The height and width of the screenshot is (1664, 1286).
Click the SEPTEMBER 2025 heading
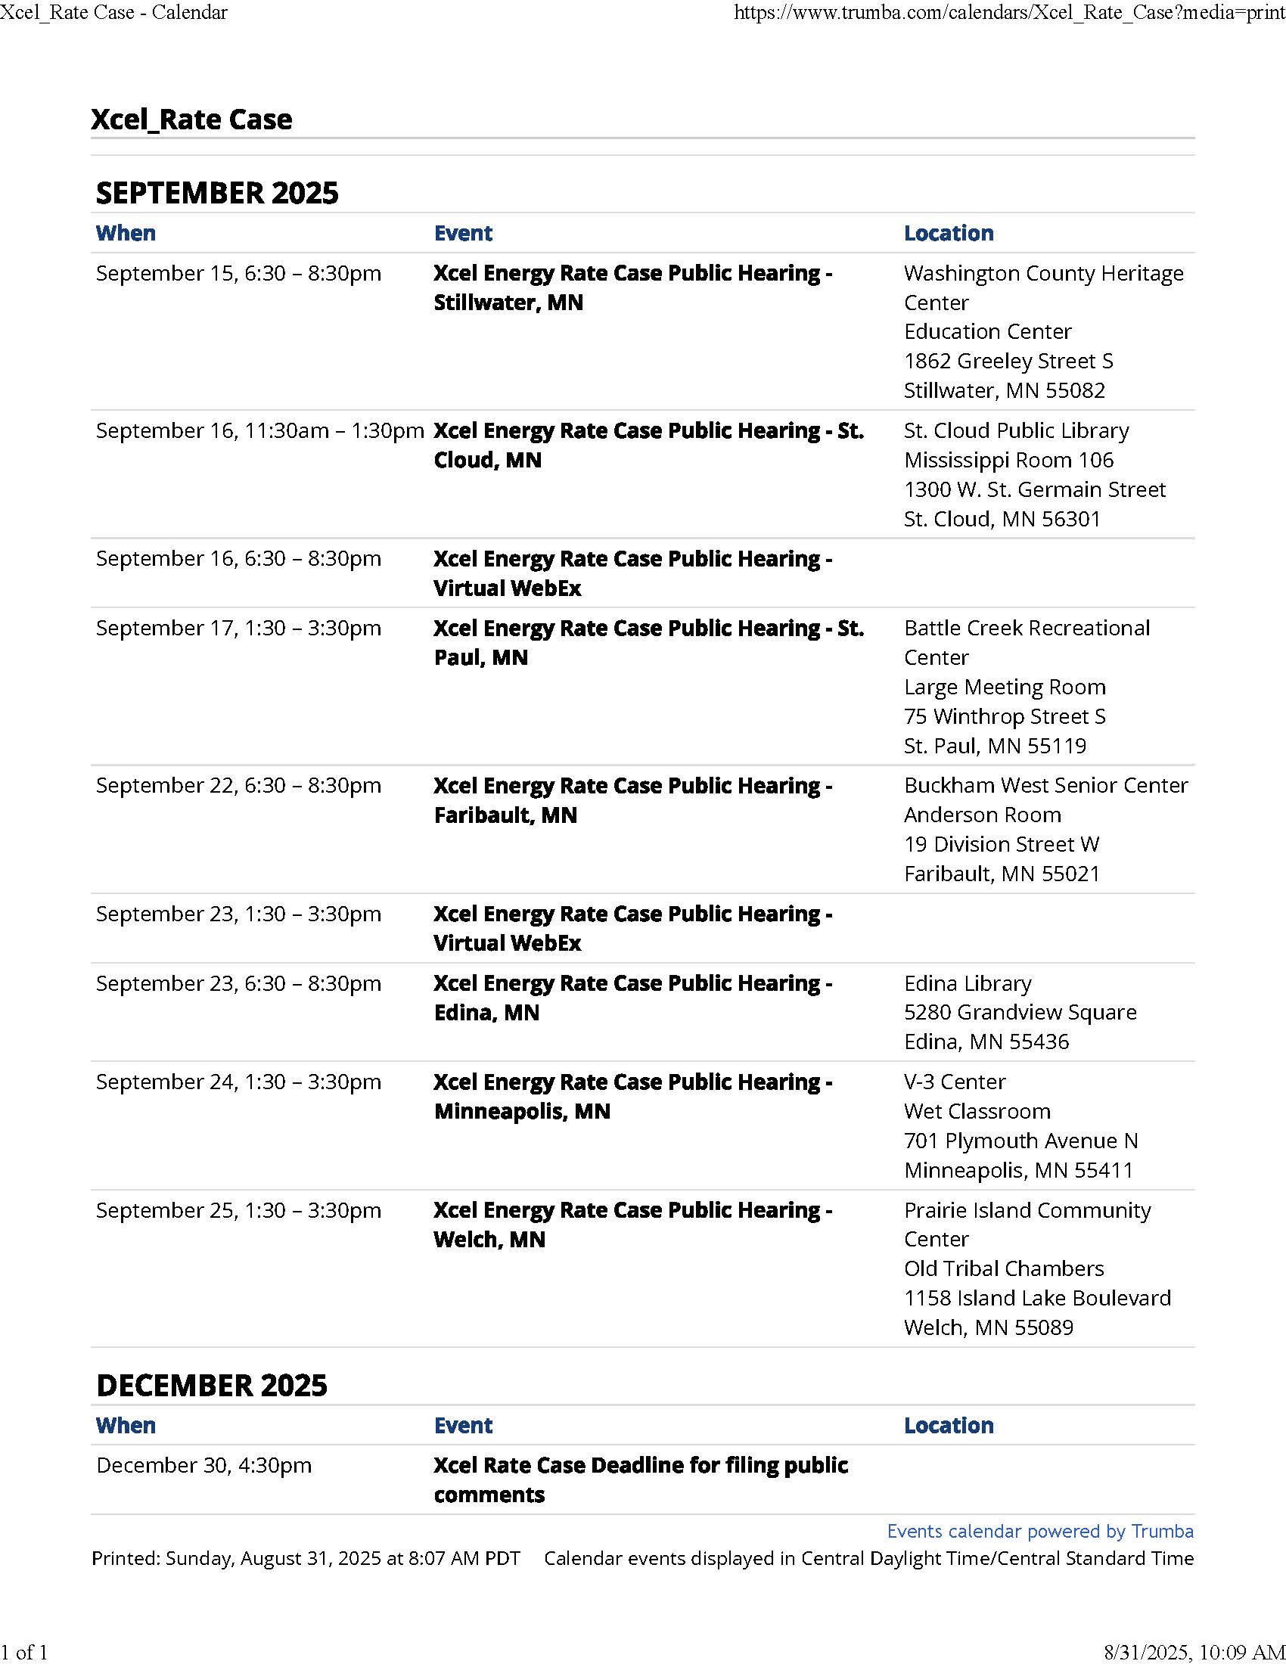click(217, 193)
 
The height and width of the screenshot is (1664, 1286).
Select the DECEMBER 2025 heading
click(212, 1385)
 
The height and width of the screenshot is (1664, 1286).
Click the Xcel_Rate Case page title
click(191, 120)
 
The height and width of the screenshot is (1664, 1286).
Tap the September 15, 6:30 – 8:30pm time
click(238, 274)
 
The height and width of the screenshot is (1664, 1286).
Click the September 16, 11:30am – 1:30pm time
click(259, 431)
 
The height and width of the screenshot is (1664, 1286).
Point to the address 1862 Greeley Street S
click(1008, 361)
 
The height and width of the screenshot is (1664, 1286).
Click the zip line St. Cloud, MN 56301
click(1002, 519)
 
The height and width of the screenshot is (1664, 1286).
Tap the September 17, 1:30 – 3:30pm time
click(238, 629)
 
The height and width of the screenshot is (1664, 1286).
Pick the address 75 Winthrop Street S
click(1004, 716)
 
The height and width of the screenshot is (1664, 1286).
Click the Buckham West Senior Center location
click(1045, 786)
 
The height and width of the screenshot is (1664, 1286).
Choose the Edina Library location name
click(968, 983)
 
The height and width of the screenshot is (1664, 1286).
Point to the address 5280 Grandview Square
click(1020, 1013)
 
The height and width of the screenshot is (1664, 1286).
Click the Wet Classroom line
click(977, 1112)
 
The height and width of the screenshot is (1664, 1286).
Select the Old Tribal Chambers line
click(1003, 1268)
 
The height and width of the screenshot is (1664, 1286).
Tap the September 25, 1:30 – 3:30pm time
click(238, 1211)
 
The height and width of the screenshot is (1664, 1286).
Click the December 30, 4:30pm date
click(203, 1465)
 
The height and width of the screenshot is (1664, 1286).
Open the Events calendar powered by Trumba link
click(1040, 1532)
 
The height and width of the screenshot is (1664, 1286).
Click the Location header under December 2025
click(949, 1426)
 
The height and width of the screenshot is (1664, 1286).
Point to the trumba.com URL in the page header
click(1008, 12)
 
